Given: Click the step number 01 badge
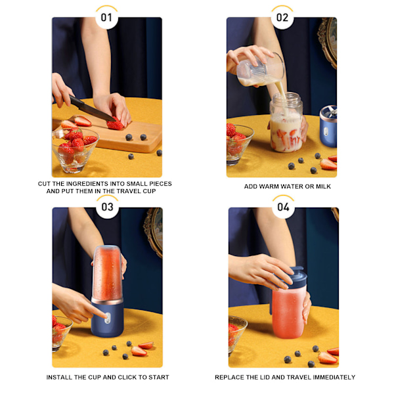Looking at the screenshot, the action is pos(106,18).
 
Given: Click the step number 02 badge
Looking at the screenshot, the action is pos(282,18).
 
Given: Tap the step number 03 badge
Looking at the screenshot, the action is pos(107,207).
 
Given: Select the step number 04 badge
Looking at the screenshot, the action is pos(283,207).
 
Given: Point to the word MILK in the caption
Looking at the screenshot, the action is pos(323,186).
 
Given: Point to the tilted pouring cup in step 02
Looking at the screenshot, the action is pos(260,70).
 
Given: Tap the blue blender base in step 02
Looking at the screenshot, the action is pos(328,126).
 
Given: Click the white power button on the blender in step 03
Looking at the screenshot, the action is pos(107,318).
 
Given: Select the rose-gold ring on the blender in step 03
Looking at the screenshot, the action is pos(107,301).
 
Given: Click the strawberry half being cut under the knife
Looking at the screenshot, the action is pos(116,124).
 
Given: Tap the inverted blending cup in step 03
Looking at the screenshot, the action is pos(108,272).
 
